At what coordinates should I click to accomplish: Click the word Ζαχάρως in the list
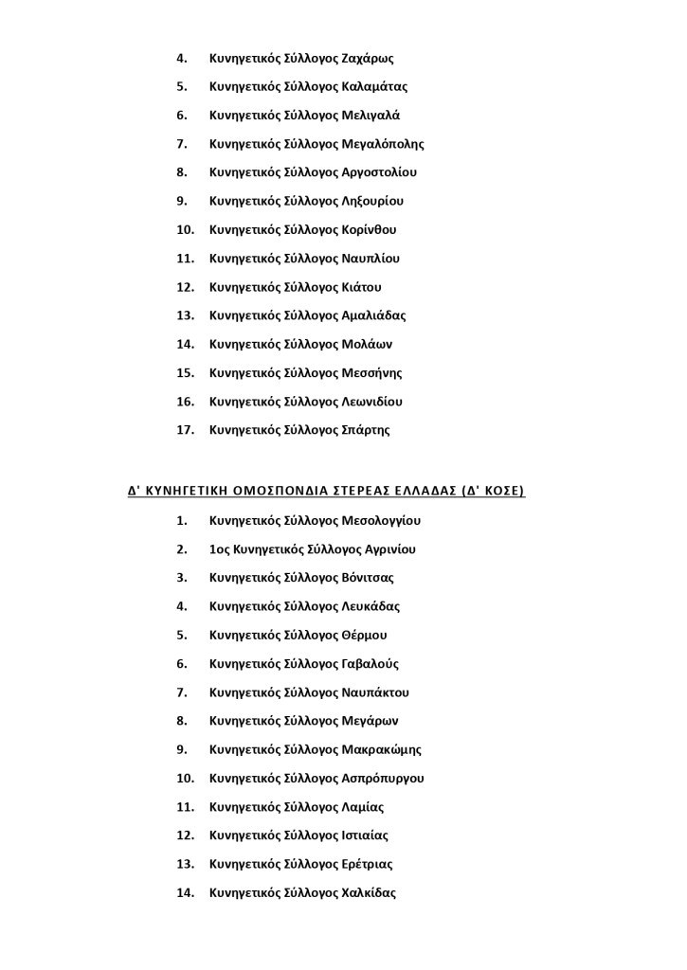(x=367, y=58)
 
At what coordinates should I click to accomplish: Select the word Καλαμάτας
(x=374, y=86)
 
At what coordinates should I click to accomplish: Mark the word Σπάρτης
(x=365, y=430)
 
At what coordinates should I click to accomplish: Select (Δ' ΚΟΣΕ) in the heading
(x=492, y=492)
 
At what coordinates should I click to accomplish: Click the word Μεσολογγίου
(x=381, y=520)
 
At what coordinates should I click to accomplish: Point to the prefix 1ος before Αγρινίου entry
(x=218, y=549)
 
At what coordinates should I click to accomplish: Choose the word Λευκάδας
(x=371, y=606)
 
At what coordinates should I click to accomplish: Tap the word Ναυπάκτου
(x=375, y=692)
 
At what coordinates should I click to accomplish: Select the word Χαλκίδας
(x=368, y=892)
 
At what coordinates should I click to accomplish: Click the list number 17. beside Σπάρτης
(x=186, y=430)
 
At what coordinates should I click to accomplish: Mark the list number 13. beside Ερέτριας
(x=186, y=864)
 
